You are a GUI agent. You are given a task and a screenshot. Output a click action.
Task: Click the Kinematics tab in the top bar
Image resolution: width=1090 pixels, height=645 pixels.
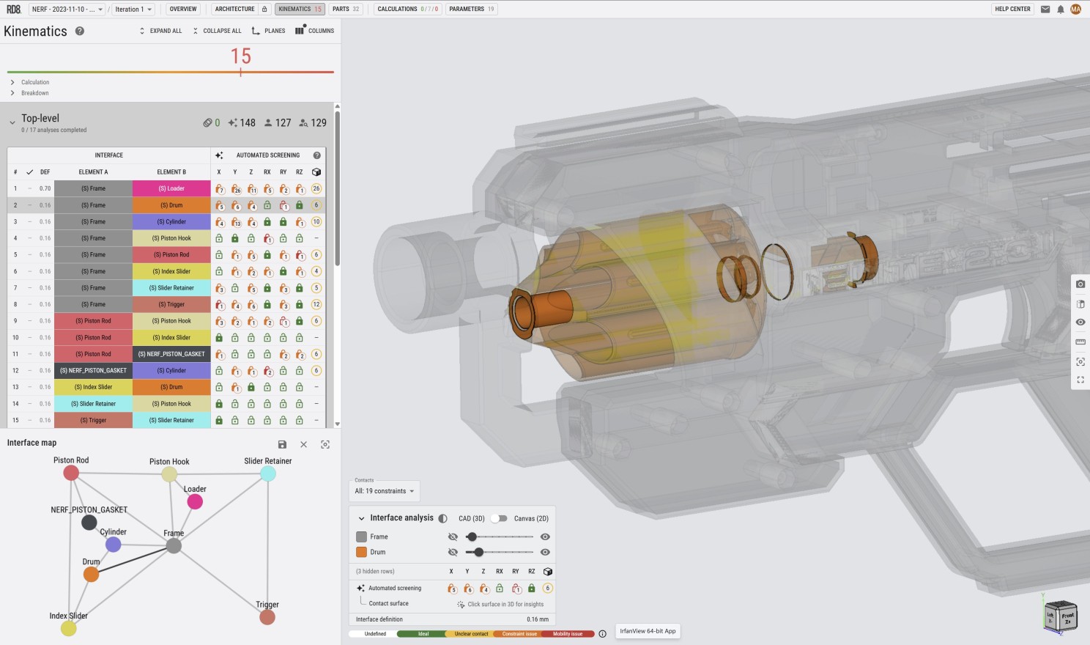[x=300, y=9]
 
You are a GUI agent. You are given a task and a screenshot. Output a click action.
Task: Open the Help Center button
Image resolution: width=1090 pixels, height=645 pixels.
[x=1012, y=9]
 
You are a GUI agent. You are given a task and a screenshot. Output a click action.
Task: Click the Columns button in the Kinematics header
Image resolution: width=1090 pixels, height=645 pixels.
[x=314, y=31]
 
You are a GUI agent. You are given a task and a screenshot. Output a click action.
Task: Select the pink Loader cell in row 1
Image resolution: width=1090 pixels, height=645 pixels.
[x=171, y=188]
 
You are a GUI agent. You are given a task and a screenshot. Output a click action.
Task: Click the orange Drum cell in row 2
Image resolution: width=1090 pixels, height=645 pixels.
[x=171, y=205]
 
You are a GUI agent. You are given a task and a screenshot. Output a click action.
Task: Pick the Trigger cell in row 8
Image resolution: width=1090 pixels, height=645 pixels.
[x=171, y=304]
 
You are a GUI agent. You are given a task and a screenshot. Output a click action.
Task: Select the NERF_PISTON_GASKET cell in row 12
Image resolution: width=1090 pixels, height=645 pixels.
[x=93, y=370]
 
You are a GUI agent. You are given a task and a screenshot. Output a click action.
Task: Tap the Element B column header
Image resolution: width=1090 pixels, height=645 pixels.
[x=171, y=172]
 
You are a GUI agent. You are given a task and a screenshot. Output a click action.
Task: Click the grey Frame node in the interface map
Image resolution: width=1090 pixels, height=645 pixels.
[x=174, y=546]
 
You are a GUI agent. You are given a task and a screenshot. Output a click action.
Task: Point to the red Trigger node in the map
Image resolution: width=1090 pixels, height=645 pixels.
[x=267, y=617]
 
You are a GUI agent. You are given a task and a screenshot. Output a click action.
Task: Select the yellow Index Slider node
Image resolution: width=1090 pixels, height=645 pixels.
[x=68, y=628]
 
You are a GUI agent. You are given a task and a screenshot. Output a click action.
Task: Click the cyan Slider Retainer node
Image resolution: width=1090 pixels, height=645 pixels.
[x=268, y=473]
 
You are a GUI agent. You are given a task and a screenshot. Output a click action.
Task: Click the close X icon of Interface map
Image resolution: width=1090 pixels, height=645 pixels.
[x=303, y=444]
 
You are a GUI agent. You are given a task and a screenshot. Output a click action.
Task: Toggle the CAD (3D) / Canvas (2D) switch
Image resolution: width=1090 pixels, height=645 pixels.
[x=499, y=518]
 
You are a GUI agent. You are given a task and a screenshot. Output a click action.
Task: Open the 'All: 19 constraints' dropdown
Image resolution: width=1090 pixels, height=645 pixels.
[x=385, y=491]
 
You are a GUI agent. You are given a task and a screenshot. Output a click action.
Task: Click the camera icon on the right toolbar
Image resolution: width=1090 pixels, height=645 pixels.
[x=1080, y=284]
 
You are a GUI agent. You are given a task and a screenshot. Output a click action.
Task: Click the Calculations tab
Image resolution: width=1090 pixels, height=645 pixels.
[x=407, y=9]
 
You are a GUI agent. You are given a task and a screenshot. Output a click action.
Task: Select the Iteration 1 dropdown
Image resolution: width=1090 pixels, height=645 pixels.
[x=133, y=10]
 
